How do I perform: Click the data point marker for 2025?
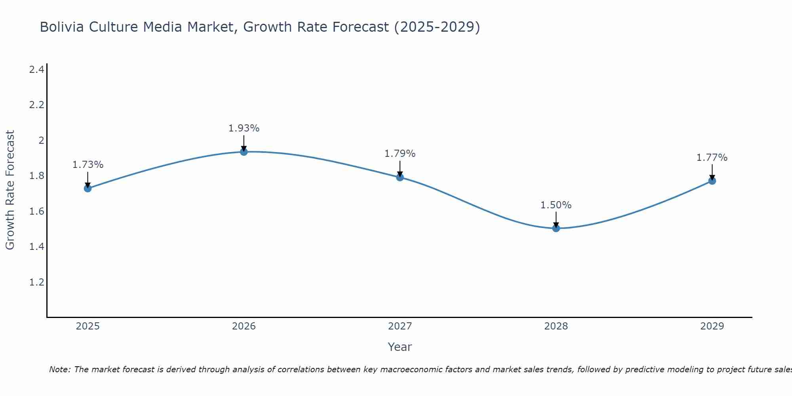pyautogui.click(x=88, y=188)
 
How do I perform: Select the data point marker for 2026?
pyautogui.click(x=244, y=152)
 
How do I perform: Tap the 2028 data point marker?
pyautogui.click(x=556, y=228)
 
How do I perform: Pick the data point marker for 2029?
pyautogui.click(x=712, y=181)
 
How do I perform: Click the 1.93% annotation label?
pyautogui.click(x=244, y=128)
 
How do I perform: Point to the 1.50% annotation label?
pyautogui.click(x=556, y=205)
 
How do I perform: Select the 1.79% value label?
pyautogui.click(x=400, y=154)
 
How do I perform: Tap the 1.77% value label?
pyautogui.click(x=712, y=158)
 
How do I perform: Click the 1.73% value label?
pyautogui.click(x=88, y=165)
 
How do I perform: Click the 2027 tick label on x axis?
pyautogui.click(x=400, y=326)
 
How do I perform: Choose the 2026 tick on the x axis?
pyautogui.click(x=244, y=326)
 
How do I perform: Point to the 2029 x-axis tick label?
pyautogui.click(x=712, y=326)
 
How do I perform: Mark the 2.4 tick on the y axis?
pyautogui.click(x=37, y=70)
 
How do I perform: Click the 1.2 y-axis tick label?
pyautogui.click(x=37, y=282)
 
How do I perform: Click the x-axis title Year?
pyautogui.click(x=400, y=347)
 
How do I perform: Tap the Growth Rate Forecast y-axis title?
pyautogui.click(x=10, y=190)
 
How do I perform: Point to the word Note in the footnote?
pyautogui.click(x=59, y=369)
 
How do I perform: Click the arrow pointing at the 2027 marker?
pyautogui.click(x=400, y=169)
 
